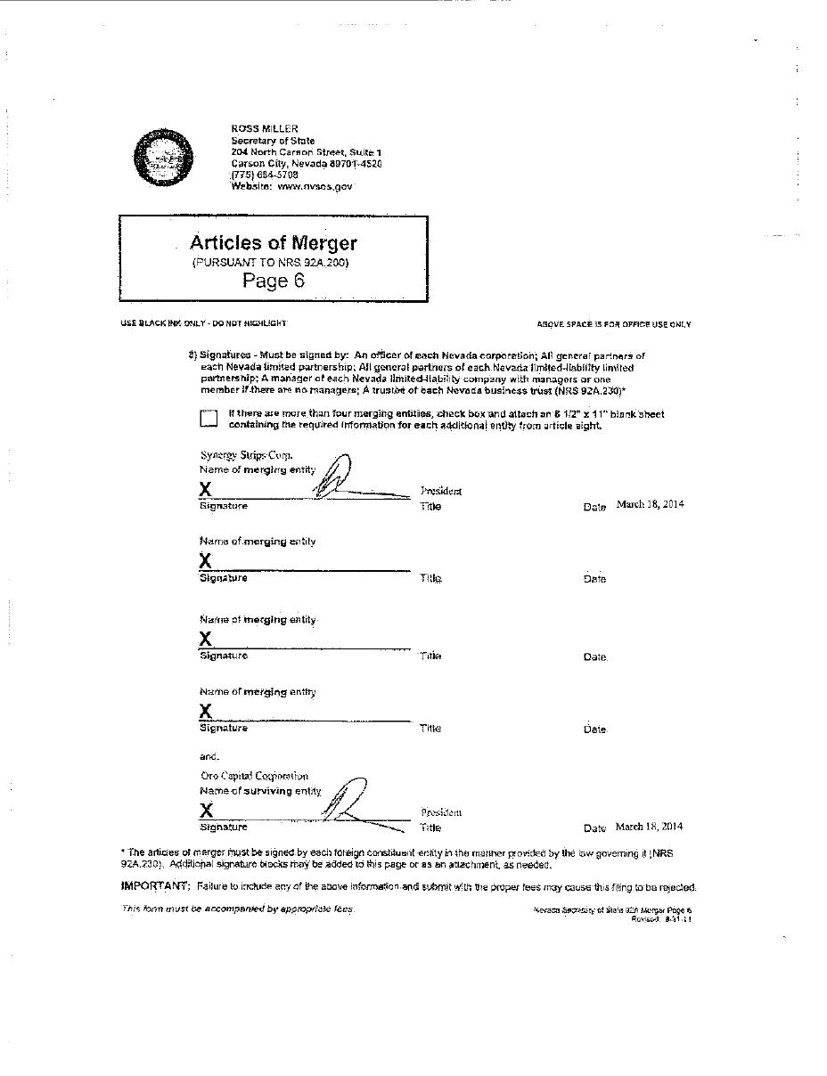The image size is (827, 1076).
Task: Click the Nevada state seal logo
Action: pos(163,158)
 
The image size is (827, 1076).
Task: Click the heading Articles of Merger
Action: pos(274,243)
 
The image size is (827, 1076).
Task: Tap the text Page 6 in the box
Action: pos(274,281)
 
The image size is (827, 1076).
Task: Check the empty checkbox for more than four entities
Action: pos(209,419)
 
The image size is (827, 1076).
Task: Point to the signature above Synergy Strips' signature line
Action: pos(339,479)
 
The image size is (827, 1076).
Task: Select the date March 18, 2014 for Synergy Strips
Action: pos(650,504)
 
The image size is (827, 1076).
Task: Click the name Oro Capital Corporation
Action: pos(254,776)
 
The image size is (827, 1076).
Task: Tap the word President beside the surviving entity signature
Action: pos(441,812)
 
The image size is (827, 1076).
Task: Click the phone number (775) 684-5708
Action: pos(265,175)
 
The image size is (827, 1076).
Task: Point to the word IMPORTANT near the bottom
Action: pos(154,886)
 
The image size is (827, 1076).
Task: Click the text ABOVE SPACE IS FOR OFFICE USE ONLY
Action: pos(613,325)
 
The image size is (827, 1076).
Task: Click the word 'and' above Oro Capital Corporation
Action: pos(209,757)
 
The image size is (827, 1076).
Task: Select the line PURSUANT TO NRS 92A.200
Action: pos(270,263)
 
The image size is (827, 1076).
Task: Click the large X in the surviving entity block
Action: pos(207,811)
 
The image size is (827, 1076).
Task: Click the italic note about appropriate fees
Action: pos(237,909)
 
